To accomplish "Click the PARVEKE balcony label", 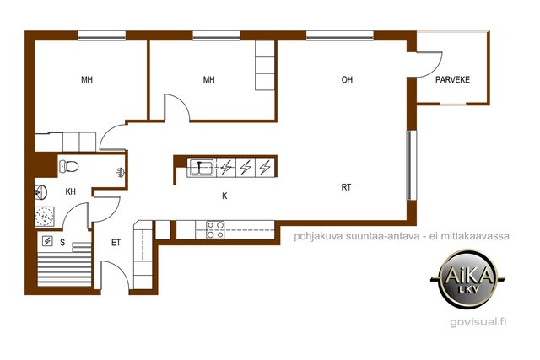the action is (452, 80).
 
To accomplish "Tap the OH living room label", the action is (347, 80).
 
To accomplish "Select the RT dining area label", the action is (346, 187).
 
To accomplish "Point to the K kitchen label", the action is (224, 196).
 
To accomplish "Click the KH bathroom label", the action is (70, 191).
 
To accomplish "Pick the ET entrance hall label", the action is (116, 243).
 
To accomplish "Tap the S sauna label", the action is (62, 243).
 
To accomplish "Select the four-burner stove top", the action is (215, 230).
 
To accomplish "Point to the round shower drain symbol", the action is (45, 216).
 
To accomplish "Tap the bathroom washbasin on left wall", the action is (40, 192).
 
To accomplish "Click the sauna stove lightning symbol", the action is (47, 241).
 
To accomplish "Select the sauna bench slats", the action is (64, 269).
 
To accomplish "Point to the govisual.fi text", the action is (478, 322).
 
